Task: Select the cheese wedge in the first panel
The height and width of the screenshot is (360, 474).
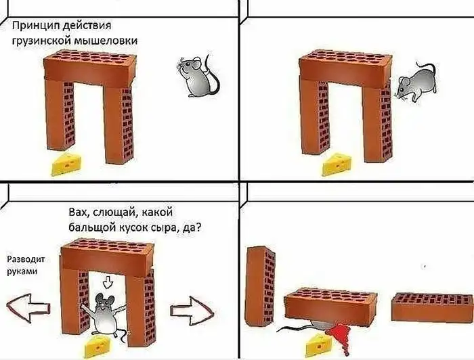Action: coord(67,164)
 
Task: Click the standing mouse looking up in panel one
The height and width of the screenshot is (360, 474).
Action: coord(198,76)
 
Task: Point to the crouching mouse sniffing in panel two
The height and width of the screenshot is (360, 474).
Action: coord(416,81)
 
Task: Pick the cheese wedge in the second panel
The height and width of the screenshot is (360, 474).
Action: coord(337,164)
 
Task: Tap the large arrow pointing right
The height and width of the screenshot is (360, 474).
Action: coord(192,311)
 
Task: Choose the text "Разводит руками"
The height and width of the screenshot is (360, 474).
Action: coord(26,265)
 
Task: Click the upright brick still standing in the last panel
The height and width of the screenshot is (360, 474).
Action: coord(260,286)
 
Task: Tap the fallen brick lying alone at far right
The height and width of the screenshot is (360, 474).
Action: coord(432,307)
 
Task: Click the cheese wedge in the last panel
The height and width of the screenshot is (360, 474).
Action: coord(319,345)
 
